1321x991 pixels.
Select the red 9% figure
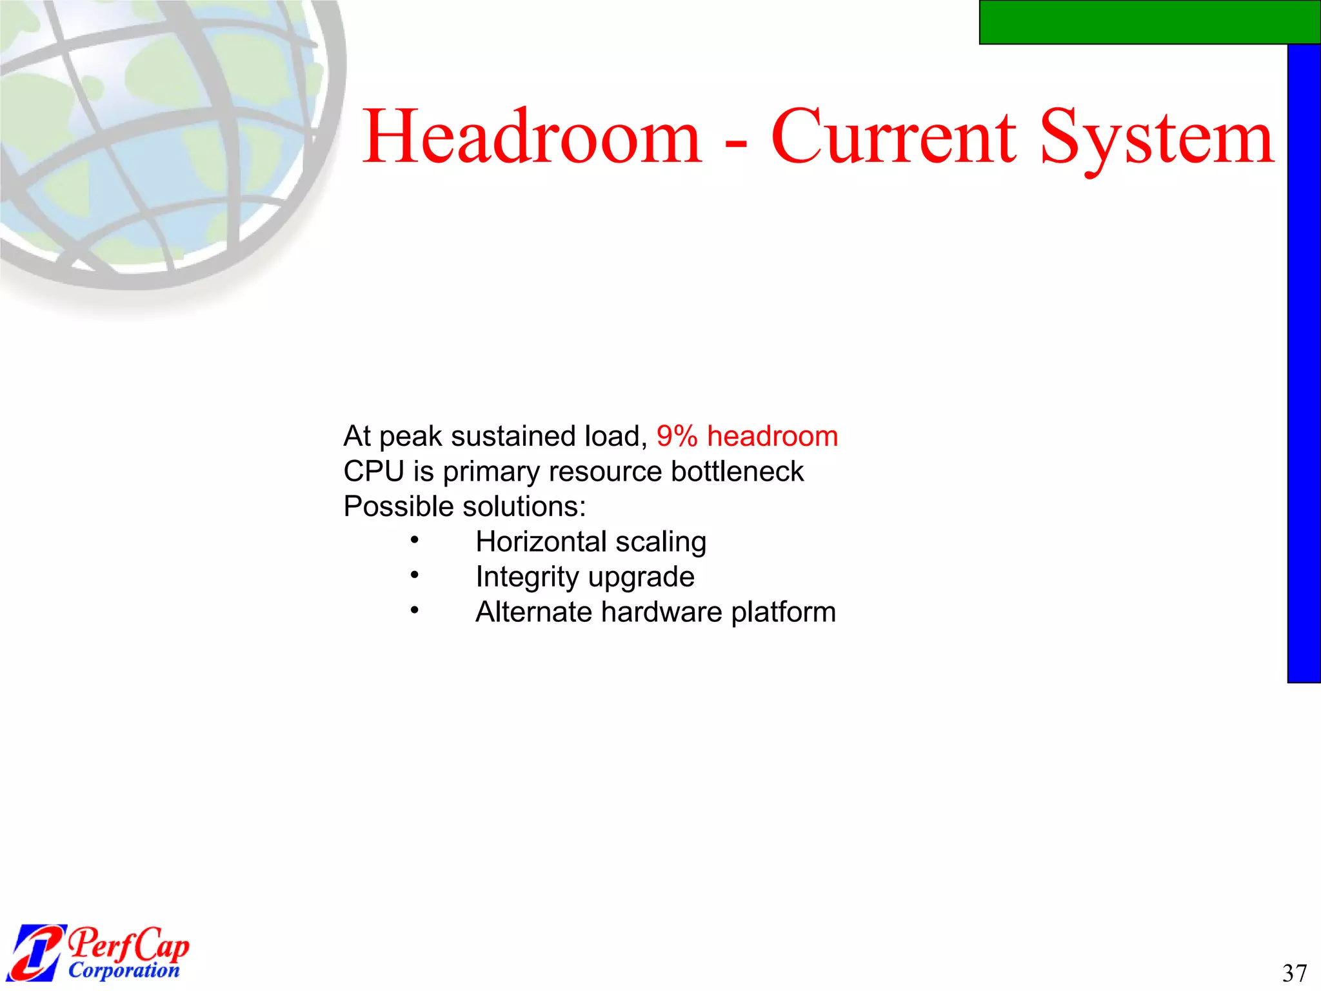point(677,436)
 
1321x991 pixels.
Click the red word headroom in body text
point(772,436)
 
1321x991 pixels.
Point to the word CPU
point(373,472)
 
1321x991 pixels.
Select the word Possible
point(399,507)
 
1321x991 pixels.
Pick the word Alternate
point(533,612)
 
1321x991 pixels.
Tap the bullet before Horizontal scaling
point(415,539)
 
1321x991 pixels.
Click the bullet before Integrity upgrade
point(415,574)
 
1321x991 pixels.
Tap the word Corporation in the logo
point(124,970)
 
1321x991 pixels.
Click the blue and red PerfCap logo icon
point(37,952)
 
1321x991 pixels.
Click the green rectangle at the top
point(1149,22)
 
